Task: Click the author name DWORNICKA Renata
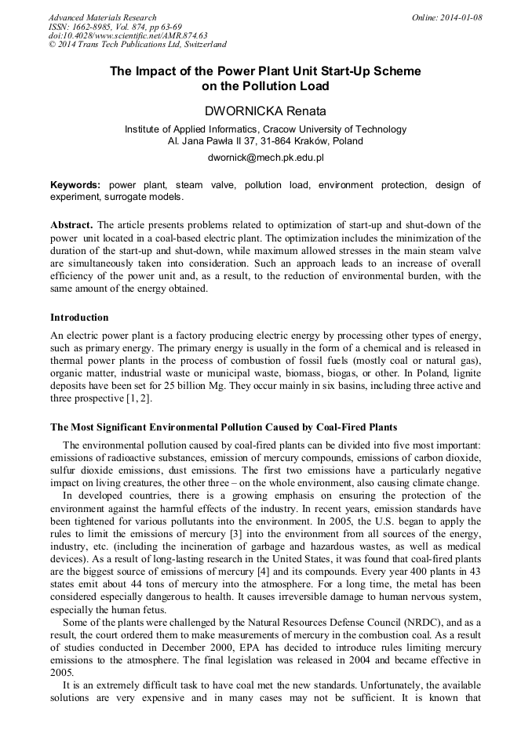tap(265, 111)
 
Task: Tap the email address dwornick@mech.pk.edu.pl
tap(265, 158)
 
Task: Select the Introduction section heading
tap(79, 318)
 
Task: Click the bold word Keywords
tap(75, 185)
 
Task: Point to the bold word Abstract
tap(71, 223)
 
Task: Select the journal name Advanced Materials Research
tap(102, 17)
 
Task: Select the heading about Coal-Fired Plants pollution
tap(224, 427)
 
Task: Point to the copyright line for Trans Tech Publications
tap(138, 45)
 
